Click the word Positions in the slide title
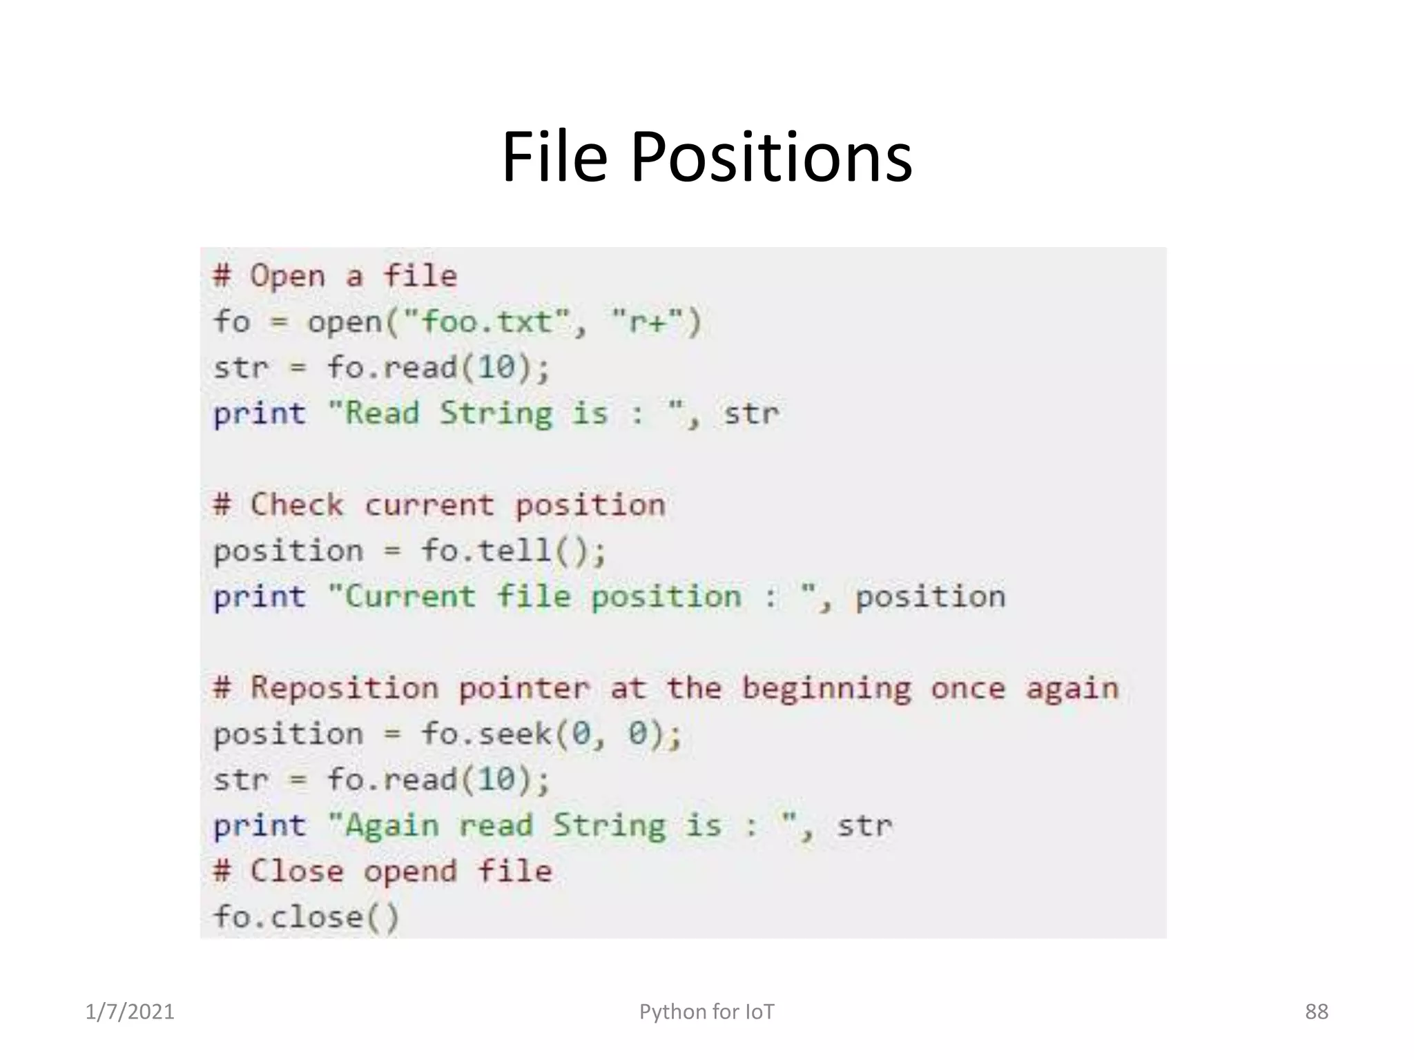pos(771,157)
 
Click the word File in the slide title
pos(554,157)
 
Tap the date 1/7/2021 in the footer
pos(130,1012)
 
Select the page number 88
pos(1316,1012)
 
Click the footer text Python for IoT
pos(706,1012)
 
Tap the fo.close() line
pos(306,917)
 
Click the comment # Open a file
pos(335,276)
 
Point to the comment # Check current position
pos(439,505)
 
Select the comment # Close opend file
pos(382,871)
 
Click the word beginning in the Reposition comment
pos(826,689)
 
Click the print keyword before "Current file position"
pos(260,597)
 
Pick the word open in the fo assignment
pos(344,322)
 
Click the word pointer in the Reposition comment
pos(524,689)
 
